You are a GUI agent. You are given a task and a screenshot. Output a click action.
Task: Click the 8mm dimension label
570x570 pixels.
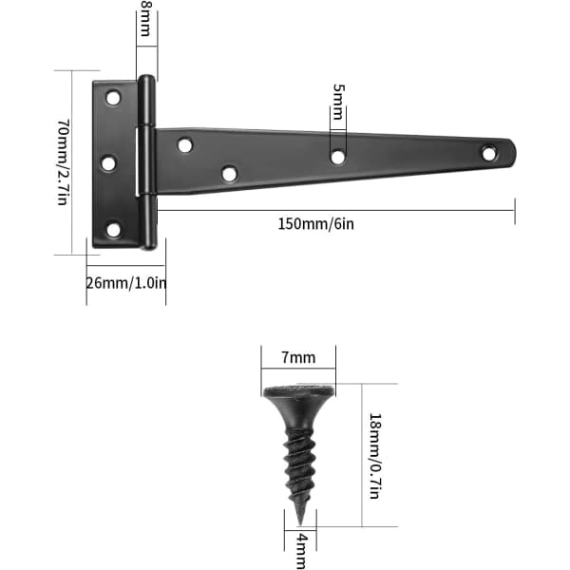[x=145, y=18]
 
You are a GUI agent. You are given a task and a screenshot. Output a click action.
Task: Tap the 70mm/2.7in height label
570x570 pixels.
[x=64, y=162]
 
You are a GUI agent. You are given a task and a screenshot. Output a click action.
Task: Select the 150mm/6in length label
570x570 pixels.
[x=315, y=224]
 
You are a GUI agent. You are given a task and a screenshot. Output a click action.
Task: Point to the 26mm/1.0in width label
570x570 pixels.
[x=126, y=283]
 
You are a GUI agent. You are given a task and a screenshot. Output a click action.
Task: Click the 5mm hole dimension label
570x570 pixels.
[x=338, y=102]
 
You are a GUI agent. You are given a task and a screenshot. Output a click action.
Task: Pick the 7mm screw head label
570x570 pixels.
[x=298, y=358]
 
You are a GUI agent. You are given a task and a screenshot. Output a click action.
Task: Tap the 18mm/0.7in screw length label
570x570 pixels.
[x=375, y=456]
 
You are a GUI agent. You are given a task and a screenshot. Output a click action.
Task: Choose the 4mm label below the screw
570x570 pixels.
[x=302, y=551]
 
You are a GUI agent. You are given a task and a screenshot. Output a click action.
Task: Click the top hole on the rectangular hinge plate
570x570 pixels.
[x=113, y=98]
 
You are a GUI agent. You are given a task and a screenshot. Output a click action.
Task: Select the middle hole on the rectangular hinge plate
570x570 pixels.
[x=108, y=163]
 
